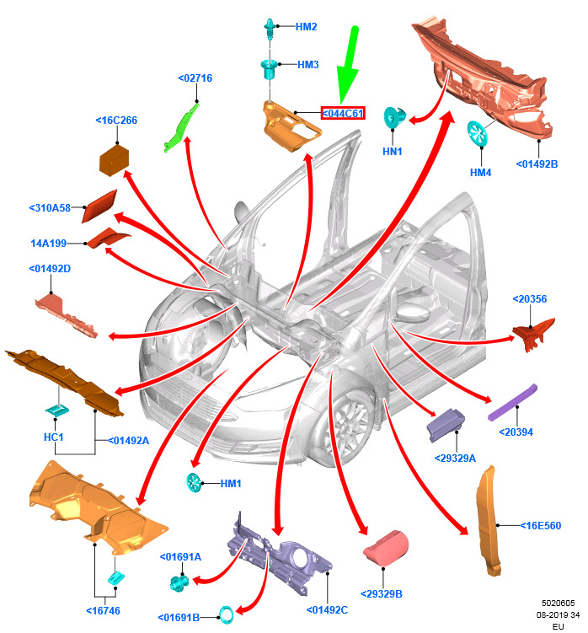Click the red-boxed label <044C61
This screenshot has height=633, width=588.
343,114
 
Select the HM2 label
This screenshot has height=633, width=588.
306,27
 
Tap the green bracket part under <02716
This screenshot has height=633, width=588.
181,127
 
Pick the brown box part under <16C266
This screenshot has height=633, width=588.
115,161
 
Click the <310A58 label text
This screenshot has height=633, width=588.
50,208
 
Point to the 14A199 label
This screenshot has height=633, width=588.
48,244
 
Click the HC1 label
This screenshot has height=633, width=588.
53,437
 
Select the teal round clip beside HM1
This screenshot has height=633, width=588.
194,483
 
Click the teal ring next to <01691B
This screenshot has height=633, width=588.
226,614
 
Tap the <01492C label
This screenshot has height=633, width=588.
327,609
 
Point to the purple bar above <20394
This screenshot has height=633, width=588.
512,402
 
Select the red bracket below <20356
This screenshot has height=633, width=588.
533,335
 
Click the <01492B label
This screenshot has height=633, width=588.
537,164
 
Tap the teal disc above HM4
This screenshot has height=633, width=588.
478,133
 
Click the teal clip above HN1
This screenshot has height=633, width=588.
394,117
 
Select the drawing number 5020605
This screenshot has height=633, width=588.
559,603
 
